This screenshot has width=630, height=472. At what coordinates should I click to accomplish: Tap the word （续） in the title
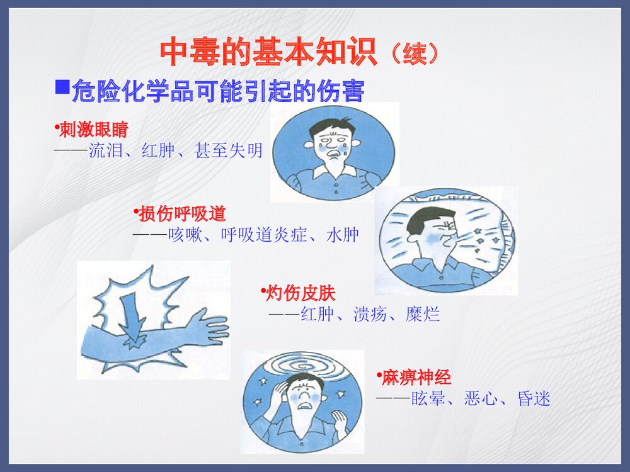pyautogui.click(x=413, y=53)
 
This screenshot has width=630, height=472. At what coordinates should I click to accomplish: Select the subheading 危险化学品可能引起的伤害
pyautogui.click(x=218, y=92)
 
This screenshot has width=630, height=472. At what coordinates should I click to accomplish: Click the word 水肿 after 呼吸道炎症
pyautogui.click(x=343, y=235)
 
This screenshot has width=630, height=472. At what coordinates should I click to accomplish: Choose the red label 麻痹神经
pyautogui.click(x=416, y=378)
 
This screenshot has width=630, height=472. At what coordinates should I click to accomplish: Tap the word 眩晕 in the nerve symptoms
pyautogui.click(x=428, y=398)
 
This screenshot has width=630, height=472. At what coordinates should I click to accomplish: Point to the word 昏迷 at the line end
pyautogui.click(x=534, y=398)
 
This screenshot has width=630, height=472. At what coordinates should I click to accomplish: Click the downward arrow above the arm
pyautogui.click(x=132, y=315)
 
